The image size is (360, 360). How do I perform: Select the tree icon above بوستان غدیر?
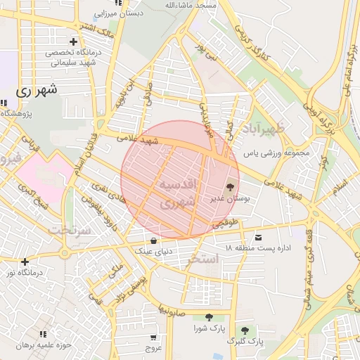point(230,187)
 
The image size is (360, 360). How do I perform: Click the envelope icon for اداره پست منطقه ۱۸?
point(258,238)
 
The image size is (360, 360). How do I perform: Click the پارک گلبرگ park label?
point(245,341)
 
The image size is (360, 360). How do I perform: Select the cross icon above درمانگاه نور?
point(25,262)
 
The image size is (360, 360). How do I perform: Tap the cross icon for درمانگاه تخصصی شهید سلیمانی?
point(73,42)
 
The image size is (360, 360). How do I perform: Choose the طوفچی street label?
point(226,223)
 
